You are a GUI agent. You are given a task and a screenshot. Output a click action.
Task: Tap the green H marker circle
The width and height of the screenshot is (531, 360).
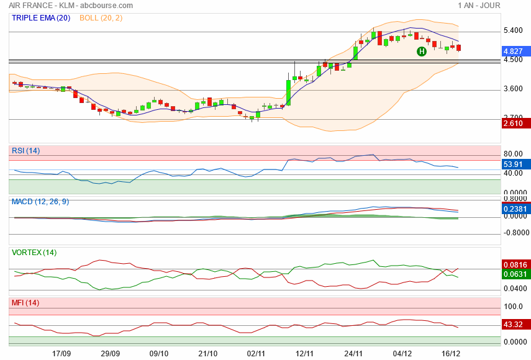click(421, 51)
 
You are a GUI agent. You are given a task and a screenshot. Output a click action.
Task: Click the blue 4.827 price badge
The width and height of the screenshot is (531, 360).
click(513, 51)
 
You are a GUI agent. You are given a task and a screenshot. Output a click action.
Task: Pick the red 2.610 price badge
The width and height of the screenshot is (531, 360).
click(513, 124)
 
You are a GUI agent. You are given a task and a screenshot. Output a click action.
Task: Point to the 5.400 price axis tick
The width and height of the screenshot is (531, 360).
click(513, 30)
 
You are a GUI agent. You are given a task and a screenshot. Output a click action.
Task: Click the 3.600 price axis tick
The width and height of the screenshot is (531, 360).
click(513, 89)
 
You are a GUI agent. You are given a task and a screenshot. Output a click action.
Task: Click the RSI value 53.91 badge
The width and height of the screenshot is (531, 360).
click(513, 164)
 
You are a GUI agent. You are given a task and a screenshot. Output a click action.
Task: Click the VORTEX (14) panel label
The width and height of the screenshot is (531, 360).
click(34, 253)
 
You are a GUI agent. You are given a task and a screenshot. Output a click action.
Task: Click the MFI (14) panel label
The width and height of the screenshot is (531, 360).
click(25, 303)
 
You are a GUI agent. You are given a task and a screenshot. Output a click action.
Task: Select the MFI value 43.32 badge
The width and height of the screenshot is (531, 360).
click(513, 325)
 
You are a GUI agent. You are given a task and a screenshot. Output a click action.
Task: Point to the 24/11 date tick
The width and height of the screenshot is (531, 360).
click(353, 353)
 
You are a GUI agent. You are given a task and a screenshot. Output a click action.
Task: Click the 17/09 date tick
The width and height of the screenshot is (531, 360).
click(61, 353)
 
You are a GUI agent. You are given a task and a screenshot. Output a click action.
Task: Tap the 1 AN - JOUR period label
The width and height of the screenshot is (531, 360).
click(479, 5)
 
